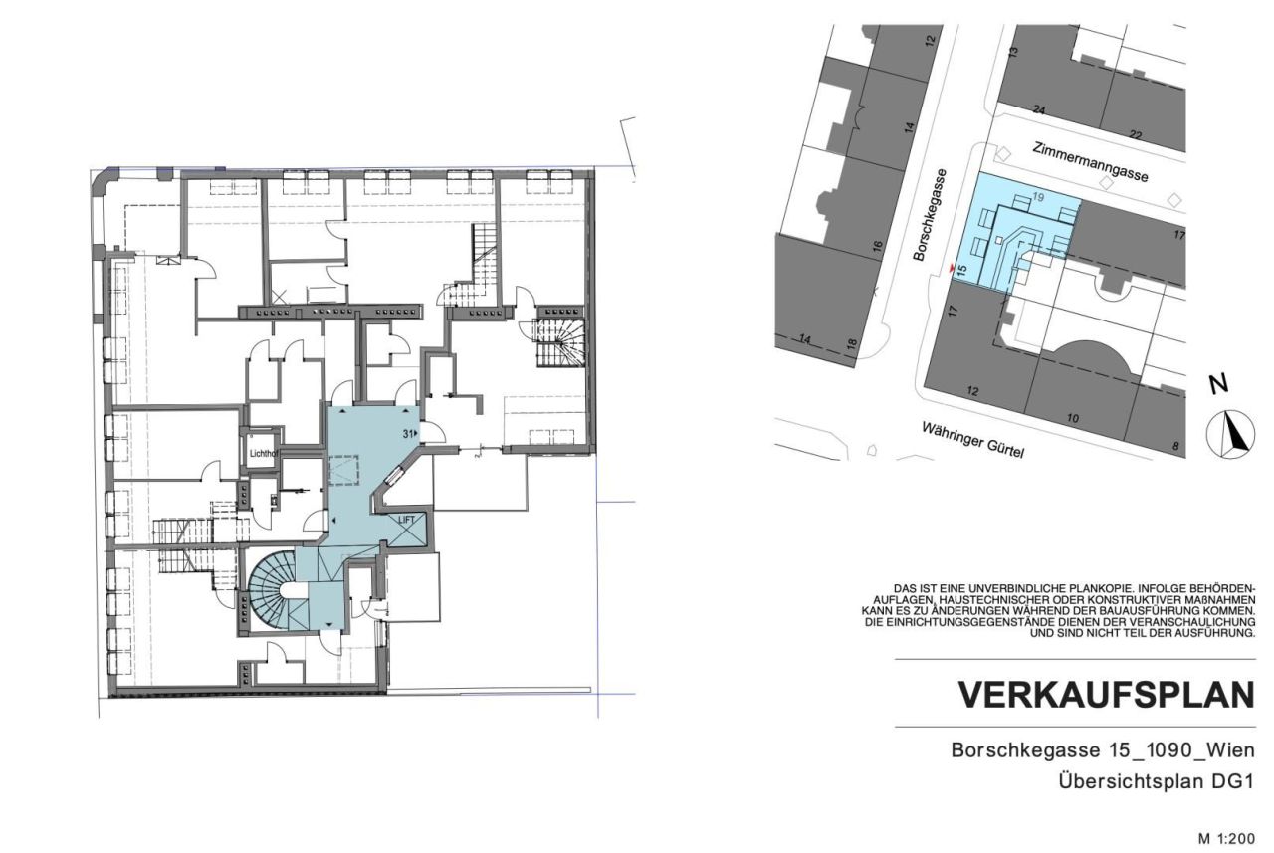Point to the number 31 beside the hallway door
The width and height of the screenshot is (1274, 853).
[x=408, y=433]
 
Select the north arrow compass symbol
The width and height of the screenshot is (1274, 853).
[x=1231, y=434]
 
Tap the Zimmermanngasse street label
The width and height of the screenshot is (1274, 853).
[x=1089, y=160]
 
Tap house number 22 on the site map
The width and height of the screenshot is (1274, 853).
[x=1136, y=133]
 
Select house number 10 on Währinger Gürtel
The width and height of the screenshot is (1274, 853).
[x=1072, y=419]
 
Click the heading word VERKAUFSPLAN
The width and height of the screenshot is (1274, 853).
[x=1106, y=695]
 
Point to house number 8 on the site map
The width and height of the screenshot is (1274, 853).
[x=1175, y=446]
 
